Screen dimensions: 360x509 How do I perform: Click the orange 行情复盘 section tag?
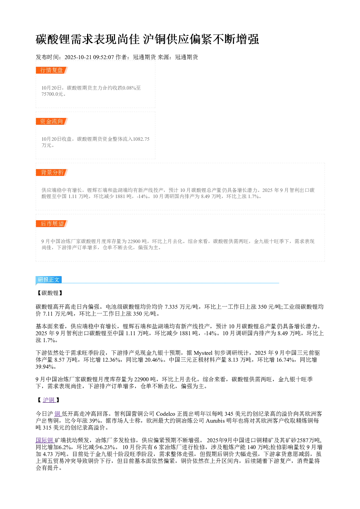(x=52, y=70)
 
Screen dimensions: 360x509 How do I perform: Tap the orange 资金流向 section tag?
(x=52, y=121)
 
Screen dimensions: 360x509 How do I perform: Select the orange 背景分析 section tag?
(x=52, y=172)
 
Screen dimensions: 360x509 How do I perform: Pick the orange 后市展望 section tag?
(x=52, y=223)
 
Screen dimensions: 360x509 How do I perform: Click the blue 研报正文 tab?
(x=49, y=280)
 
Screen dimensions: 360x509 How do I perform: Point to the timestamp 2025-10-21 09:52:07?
(x=89, y=57)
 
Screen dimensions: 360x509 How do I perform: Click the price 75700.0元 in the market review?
(x=52, y=94)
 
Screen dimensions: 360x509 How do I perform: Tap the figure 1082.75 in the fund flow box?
(x=141, y=139)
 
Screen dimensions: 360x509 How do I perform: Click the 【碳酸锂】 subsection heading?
(x=50, y=293)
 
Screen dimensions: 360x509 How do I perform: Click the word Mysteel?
(x=203, y=353)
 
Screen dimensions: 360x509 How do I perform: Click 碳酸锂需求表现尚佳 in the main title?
(x=88, y=39)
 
